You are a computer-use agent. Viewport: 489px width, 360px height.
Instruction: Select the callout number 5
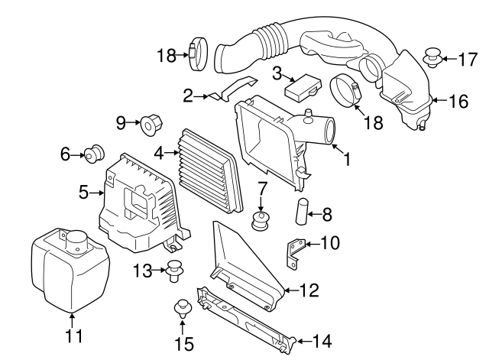[84, 193]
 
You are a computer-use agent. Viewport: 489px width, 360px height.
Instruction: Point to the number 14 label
[322, 340]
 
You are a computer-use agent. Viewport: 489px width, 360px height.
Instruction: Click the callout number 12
[309, 290]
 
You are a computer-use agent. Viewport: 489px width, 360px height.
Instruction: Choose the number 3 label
[277, 74]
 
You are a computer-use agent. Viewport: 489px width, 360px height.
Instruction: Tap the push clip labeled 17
[433, 57]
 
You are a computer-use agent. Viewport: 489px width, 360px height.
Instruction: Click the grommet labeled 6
[96, 153]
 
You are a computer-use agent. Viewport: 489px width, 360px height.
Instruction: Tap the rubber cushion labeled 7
[262, 222]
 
